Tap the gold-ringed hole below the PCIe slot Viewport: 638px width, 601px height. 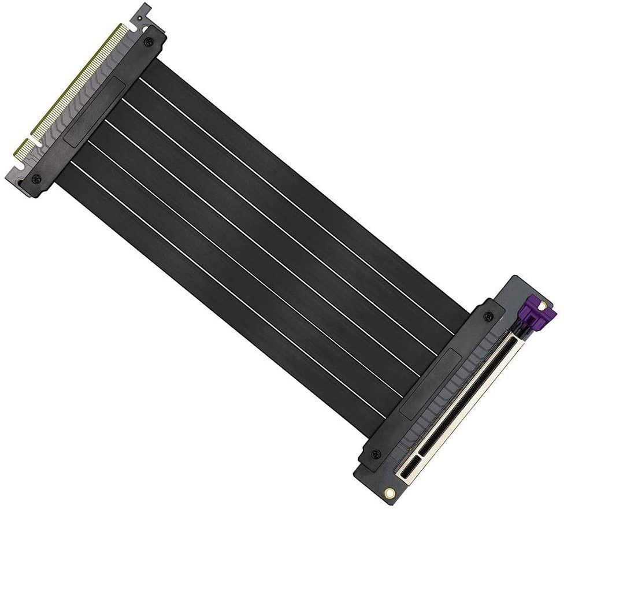pos(390,493)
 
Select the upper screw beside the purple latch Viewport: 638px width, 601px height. pos(488,316)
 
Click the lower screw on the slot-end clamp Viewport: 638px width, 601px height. pos(376,454)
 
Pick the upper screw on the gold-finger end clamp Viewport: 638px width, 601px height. pos(149,42)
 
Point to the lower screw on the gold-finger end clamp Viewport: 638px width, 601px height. pos(36,179)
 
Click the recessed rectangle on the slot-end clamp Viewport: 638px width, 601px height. pos(431,384)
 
